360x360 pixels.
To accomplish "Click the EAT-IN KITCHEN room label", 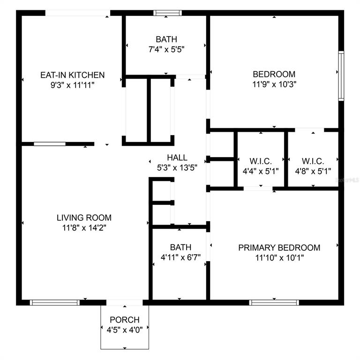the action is point(73,75).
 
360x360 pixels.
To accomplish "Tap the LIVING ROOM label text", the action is point(84,217).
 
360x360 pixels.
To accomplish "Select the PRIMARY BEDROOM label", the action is point(279,247).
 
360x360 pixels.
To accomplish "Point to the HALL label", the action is point(177,157).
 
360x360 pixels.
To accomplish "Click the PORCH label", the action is point(125,320).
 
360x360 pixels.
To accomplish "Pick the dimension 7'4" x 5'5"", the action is point(166,49).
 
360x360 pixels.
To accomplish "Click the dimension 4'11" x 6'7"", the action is point(180,257).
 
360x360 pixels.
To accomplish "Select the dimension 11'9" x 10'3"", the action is point(274,84).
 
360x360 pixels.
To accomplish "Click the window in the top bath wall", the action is point(168,13).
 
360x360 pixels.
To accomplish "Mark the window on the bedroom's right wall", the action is point(341,76).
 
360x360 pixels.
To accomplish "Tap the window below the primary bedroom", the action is point(274,303).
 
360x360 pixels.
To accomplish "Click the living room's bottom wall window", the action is point(55,303).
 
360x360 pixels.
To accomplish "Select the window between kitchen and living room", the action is point(50,144).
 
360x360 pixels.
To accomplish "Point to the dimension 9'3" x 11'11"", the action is point(73,85).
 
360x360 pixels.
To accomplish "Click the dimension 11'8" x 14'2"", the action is point(84,228).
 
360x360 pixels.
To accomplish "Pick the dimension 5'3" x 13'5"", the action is point(177,168).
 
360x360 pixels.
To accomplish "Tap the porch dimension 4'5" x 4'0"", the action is point(125,330).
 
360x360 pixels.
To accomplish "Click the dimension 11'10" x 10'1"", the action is point(279,258).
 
